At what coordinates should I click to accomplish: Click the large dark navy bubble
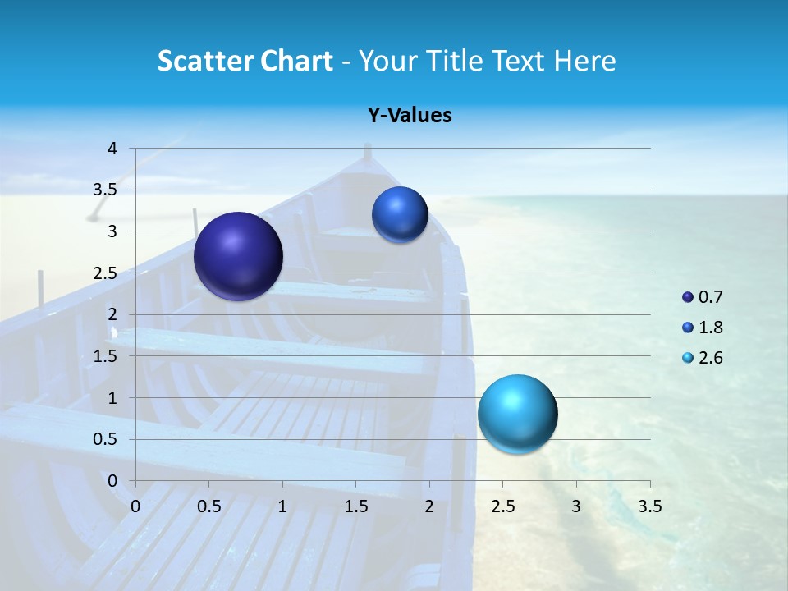(238, 256)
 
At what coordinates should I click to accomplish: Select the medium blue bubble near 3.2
(400, 215)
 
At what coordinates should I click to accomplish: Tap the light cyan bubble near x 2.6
(517, 414)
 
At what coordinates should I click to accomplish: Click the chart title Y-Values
(409, 116)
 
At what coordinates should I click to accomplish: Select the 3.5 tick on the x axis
(649, 506)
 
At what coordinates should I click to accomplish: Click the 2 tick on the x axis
(429, 506)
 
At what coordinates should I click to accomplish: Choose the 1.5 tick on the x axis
(355, 506)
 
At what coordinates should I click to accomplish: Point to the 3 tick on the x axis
(576, 506)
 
